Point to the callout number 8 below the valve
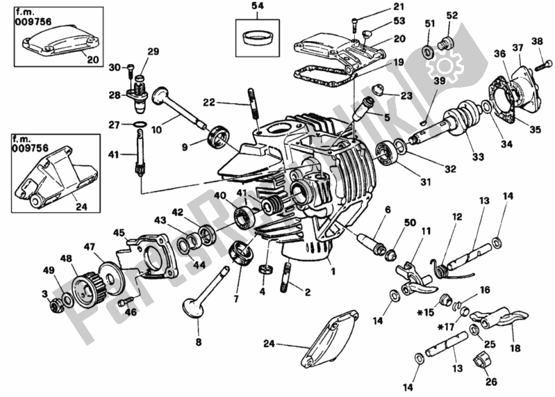click(x=198, y=341)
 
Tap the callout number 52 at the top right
click(x=452, y=15)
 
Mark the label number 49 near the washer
click(x=48, y=270)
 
